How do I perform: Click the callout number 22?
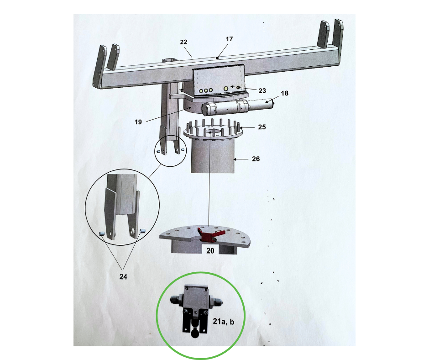pos(183,42)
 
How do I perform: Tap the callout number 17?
pos(229,39)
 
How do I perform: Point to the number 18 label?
pos(285,93)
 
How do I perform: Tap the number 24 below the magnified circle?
pos(123,277)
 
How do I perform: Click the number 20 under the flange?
pos(210,250)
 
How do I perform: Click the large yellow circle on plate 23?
pos(225,88)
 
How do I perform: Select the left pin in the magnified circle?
pos(103,234)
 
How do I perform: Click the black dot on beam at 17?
pos(218,58)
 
